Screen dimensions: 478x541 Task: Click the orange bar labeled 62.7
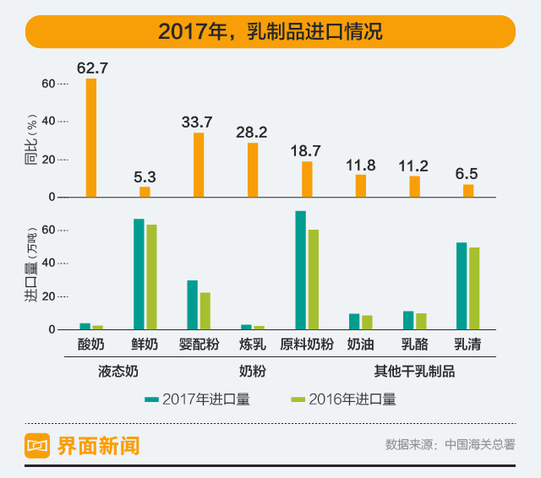[91, 138]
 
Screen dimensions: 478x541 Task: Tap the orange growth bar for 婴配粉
[199, 165]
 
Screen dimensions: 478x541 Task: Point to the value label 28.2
[252, 133]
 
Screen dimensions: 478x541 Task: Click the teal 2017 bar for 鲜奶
[139, 274]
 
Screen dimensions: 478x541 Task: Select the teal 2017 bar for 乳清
[462, 285]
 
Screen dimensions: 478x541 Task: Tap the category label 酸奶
[90, 344]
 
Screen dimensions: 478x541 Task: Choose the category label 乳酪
[413, 344]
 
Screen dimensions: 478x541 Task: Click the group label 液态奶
[117, 370]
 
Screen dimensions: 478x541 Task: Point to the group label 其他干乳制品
[414, 370]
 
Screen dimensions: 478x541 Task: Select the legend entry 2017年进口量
[197, 399]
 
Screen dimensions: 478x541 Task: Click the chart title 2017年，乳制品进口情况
[270, 32]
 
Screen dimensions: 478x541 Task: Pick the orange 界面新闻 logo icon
[38, 445]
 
